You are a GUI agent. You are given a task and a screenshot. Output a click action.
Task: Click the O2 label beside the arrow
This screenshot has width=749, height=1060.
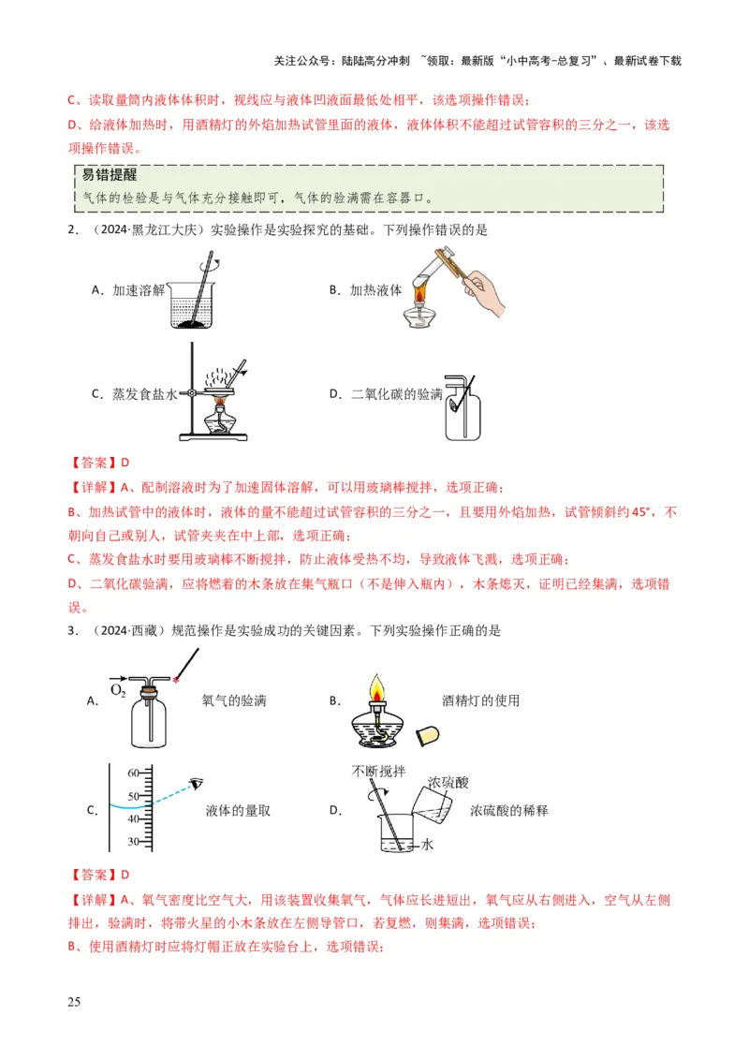[x=118, y=691]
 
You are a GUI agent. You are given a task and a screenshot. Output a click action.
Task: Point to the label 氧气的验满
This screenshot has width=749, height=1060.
[x=233, y=700]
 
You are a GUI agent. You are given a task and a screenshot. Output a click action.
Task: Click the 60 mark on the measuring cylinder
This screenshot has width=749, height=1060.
[x=131, y=773]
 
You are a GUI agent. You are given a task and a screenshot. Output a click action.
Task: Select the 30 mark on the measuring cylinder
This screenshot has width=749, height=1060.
[x=131, y=841]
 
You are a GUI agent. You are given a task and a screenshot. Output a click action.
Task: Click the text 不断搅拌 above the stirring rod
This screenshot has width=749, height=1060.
[x=379, y=771]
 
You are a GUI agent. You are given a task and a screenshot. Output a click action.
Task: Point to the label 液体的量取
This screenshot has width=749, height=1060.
[x=237, y=811]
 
